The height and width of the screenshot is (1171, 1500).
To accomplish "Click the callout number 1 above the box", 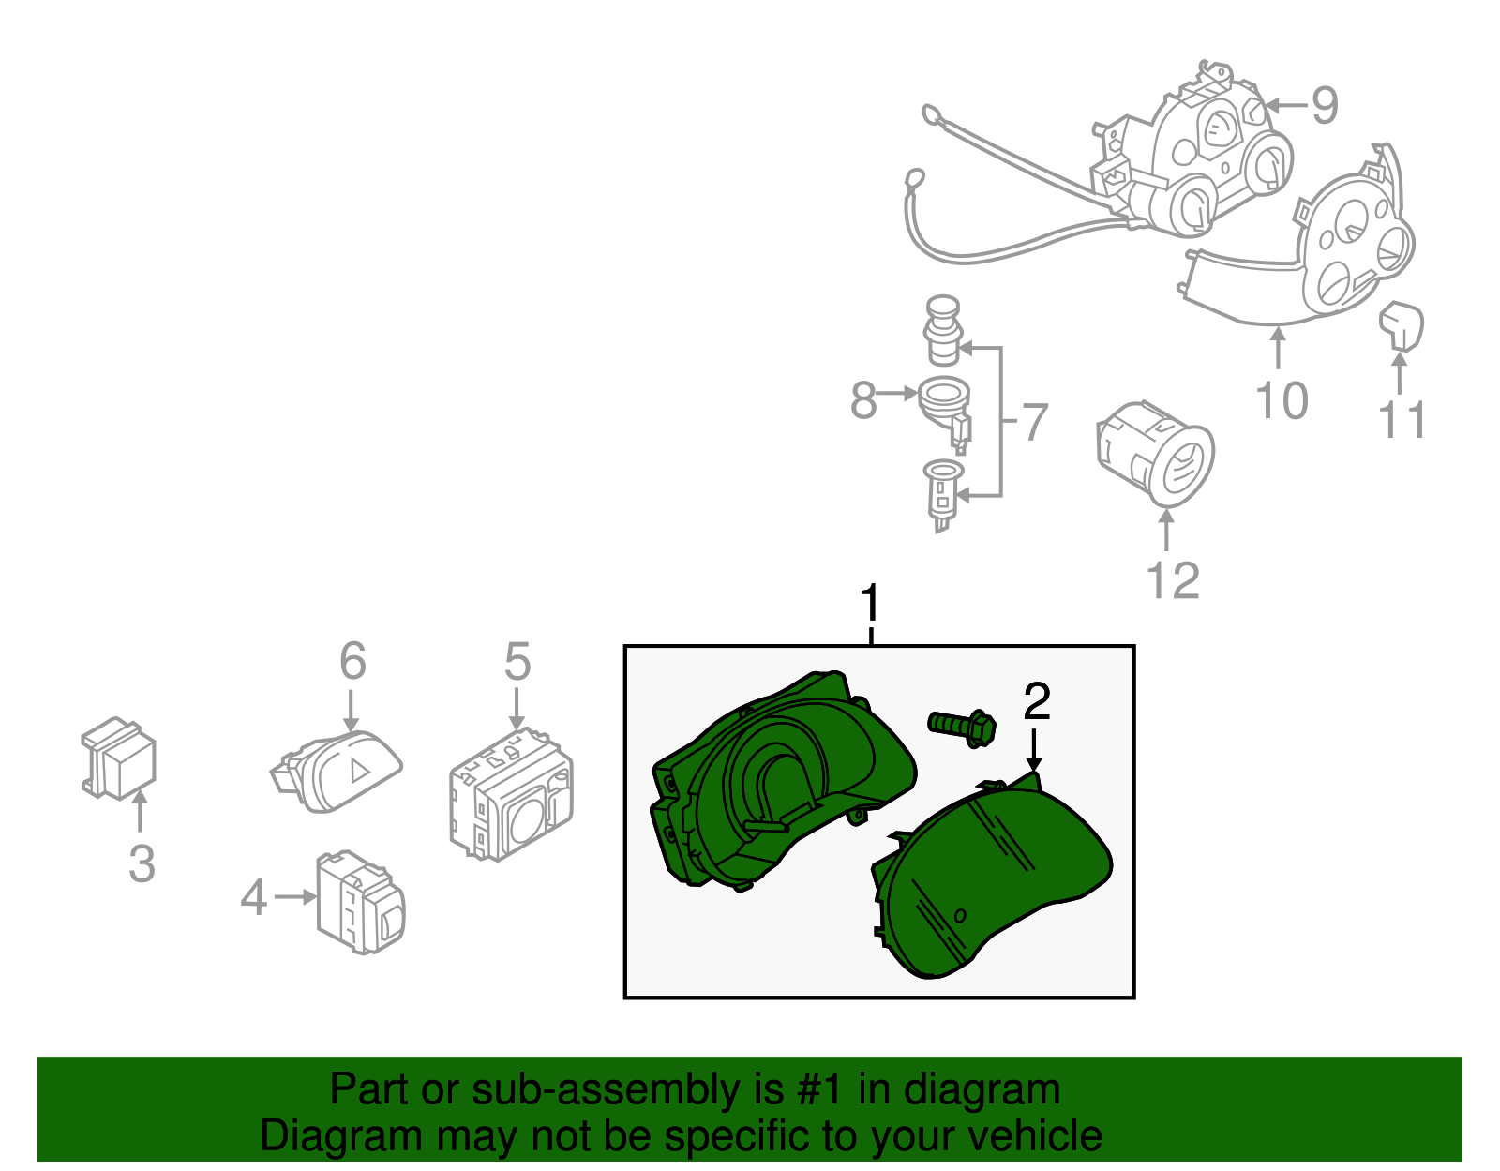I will click(x=871, y=604).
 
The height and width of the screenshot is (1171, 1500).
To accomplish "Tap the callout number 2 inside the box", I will click(x=1037, y=702).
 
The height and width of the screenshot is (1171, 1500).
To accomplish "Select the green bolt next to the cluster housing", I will click(x=962, y=727).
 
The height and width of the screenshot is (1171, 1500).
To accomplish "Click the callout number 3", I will click(x=142, y=863).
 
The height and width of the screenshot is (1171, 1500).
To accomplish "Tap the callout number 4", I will click(x=254, y=897).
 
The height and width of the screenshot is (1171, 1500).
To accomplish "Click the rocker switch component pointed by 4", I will click(x=361, y=902).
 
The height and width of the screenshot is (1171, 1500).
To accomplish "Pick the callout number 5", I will click(x=517, y=662).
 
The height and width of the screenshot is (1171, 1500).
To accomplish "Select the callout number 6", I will click(x=352, y=662).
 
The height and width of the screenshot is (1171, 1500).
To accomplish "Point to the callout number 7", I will click(x=1033, y=423).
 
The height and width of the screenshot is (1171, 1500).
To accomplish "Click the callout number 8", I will click(x=862, y=401).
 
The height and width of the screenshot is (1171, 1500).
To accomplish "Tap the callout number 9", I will click(x=1324, y=105).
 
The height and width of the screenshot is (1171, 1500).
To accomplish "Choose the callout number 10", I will click(x=1282, y=401).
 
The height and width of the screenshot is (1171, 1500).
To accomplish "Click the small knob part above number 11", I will click(x=1402, y=323).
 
